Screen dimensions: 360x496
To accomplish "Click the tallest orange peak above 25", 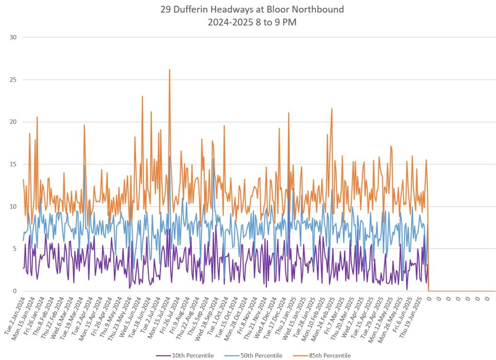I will [170, 70].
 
